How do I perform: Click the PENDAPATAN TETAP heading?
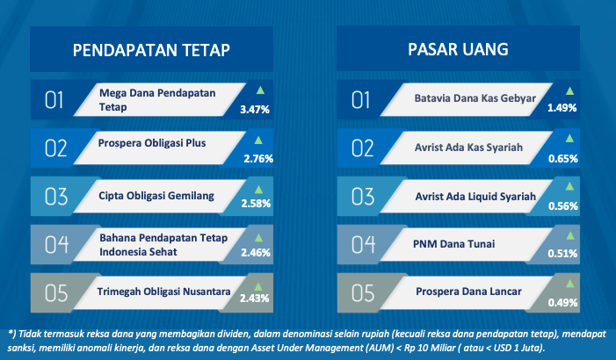coord(151,50)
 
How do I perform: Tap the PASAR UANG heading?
coord(458,49)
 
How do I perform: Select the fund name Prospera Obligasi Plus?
coord(152,143)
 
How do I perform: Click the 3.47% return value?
coord(255,110)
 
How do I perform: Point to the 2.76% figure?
coord(258,159)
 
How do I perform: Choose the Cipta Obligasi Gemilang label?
coord(156,196)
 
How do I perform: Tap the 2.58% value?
coord(256,204)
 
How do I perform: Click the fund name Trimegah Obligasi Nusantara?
coord(163,292)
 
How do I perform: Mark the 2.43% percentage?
coord(255,299)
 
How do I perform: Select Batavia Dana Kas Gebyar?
coord(475,98)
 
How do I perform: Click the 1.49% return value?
coord(562,108)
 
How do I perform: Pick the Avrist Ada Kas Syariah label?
coord(468,148)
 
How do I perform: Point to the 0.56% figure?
coord(563,206)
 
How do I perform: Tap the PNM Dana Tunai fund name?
coord(453,244)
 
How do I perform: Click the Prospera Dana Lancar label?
coord(468,292)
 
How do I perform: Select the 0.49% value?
coord(563,303)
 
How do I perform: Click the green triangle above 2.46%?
coord(258,238)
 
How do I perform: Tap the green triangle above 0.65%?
coord(569,138)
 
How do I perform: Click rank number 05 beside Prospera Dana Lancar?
coord(363,293)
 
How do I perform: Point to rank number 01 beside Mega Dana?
coord(54,100)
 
